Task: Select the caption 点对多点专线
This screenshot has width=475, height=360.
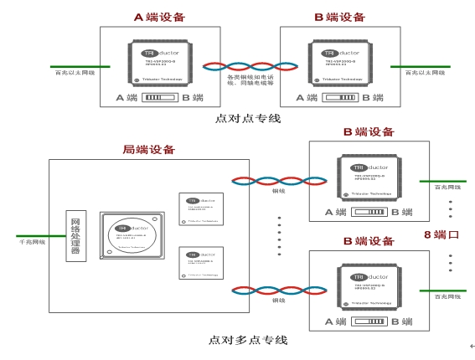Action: [x=248, y=340]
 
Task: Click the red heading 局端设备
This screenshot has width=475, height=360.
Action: [x=149, y=150]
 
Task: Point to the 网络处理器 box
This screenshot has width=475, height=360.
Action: [x=75, y=235]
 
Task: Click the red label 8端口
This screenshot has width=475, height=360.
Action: [x=441, y=234]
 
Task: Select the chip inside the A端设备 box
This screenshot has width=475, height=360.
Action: [x=160, y=64]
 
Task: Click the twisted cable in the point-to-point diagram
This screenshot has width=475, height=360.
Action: [x=250, y=66]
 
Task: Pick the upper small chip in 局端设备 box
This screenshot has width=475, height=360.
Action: [x=201, y=209]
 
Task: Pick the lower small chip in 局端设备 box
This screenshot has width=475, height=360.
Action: [x=201, y=263]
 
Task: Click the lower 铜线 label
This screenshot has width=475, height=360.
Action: [x=279, y=300]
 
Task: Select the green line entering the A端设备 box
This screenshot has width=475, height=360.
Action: [x=80, y=66]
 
